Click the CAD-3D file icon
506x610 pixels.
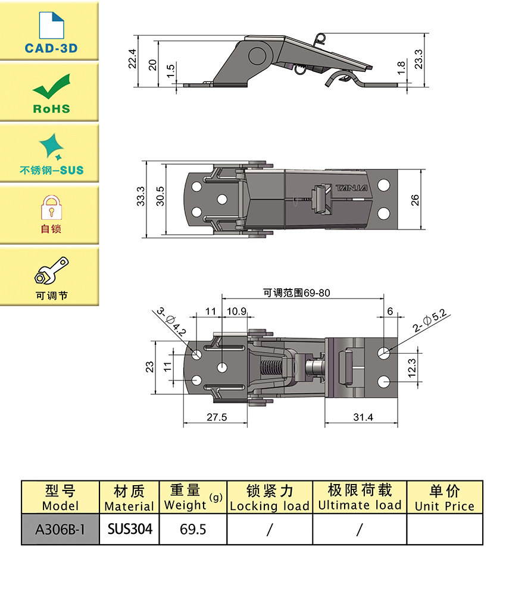(51, 26)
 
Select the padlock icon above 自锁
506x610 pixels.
(51, 207)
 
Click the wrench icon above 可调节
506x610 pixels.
(51, 270)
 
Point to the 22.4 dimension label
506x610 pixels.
(132, 59)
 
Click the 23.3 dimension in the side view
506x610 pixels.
(418, 59)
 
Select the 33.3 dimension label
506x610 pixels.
(140, 196)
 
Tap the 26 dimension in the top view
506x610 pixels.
(416, 200)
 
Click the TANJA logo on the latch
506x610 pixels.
(352, 188)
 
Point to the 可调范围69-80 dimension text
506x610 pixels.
(296, 293)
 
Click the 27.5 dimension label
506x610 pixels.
(217, 417)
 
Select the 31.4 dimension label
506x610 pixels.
(363, 417)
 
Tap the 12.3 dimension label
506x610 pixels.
(412, 368)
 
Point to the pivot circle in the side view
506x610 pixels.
(258, 56)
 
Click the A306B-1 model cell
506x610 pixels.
(60, 529)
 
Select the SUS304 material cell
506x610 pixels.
(130, 529)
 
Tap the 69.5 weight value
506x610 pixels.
(193, 529)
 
